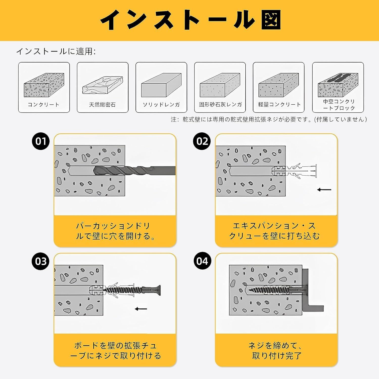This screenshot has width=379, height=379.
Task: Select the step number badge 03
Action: coord(41,261)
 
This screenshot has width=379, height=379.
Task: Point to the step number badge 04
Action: coord(202,261)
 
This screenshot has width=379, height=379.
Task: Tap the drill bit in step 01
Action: coord(134,170)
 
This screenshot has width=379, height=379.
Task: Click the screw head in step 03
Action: coord(157,290)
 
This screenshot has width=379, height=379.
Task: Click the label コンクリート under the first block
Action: coord(43,105)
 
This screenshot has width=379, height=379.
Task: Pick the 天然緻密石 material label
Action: coord(102,105)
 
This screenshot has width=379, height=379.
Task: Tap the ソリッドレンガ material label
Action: coord(161,105)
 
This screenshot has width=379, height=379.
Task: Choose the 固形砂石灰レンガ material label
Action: coord(220,105)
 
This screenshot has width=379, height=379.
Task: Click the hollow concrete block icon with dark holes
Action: coord(338,85)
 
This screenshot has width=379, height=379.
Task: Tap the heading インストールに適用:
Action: coord(56,52)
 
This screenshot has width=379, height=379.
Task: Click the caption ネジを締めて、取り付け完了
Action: coord(276,350)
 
